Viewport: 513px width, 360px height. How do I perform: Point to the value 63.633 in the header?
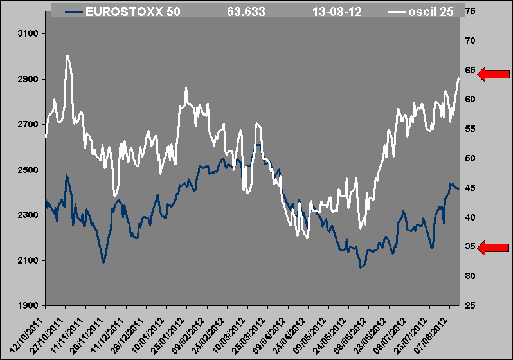246,12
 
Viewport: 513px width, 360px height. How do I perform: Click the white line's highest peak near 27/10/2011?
67,56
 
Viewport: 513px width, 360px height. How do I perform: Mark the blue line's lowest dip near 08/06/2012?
361,266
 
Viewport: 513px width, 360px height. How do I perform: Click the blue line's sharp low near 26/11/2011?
103,262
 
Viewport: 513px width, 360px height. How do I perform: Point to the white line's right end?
458,78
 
